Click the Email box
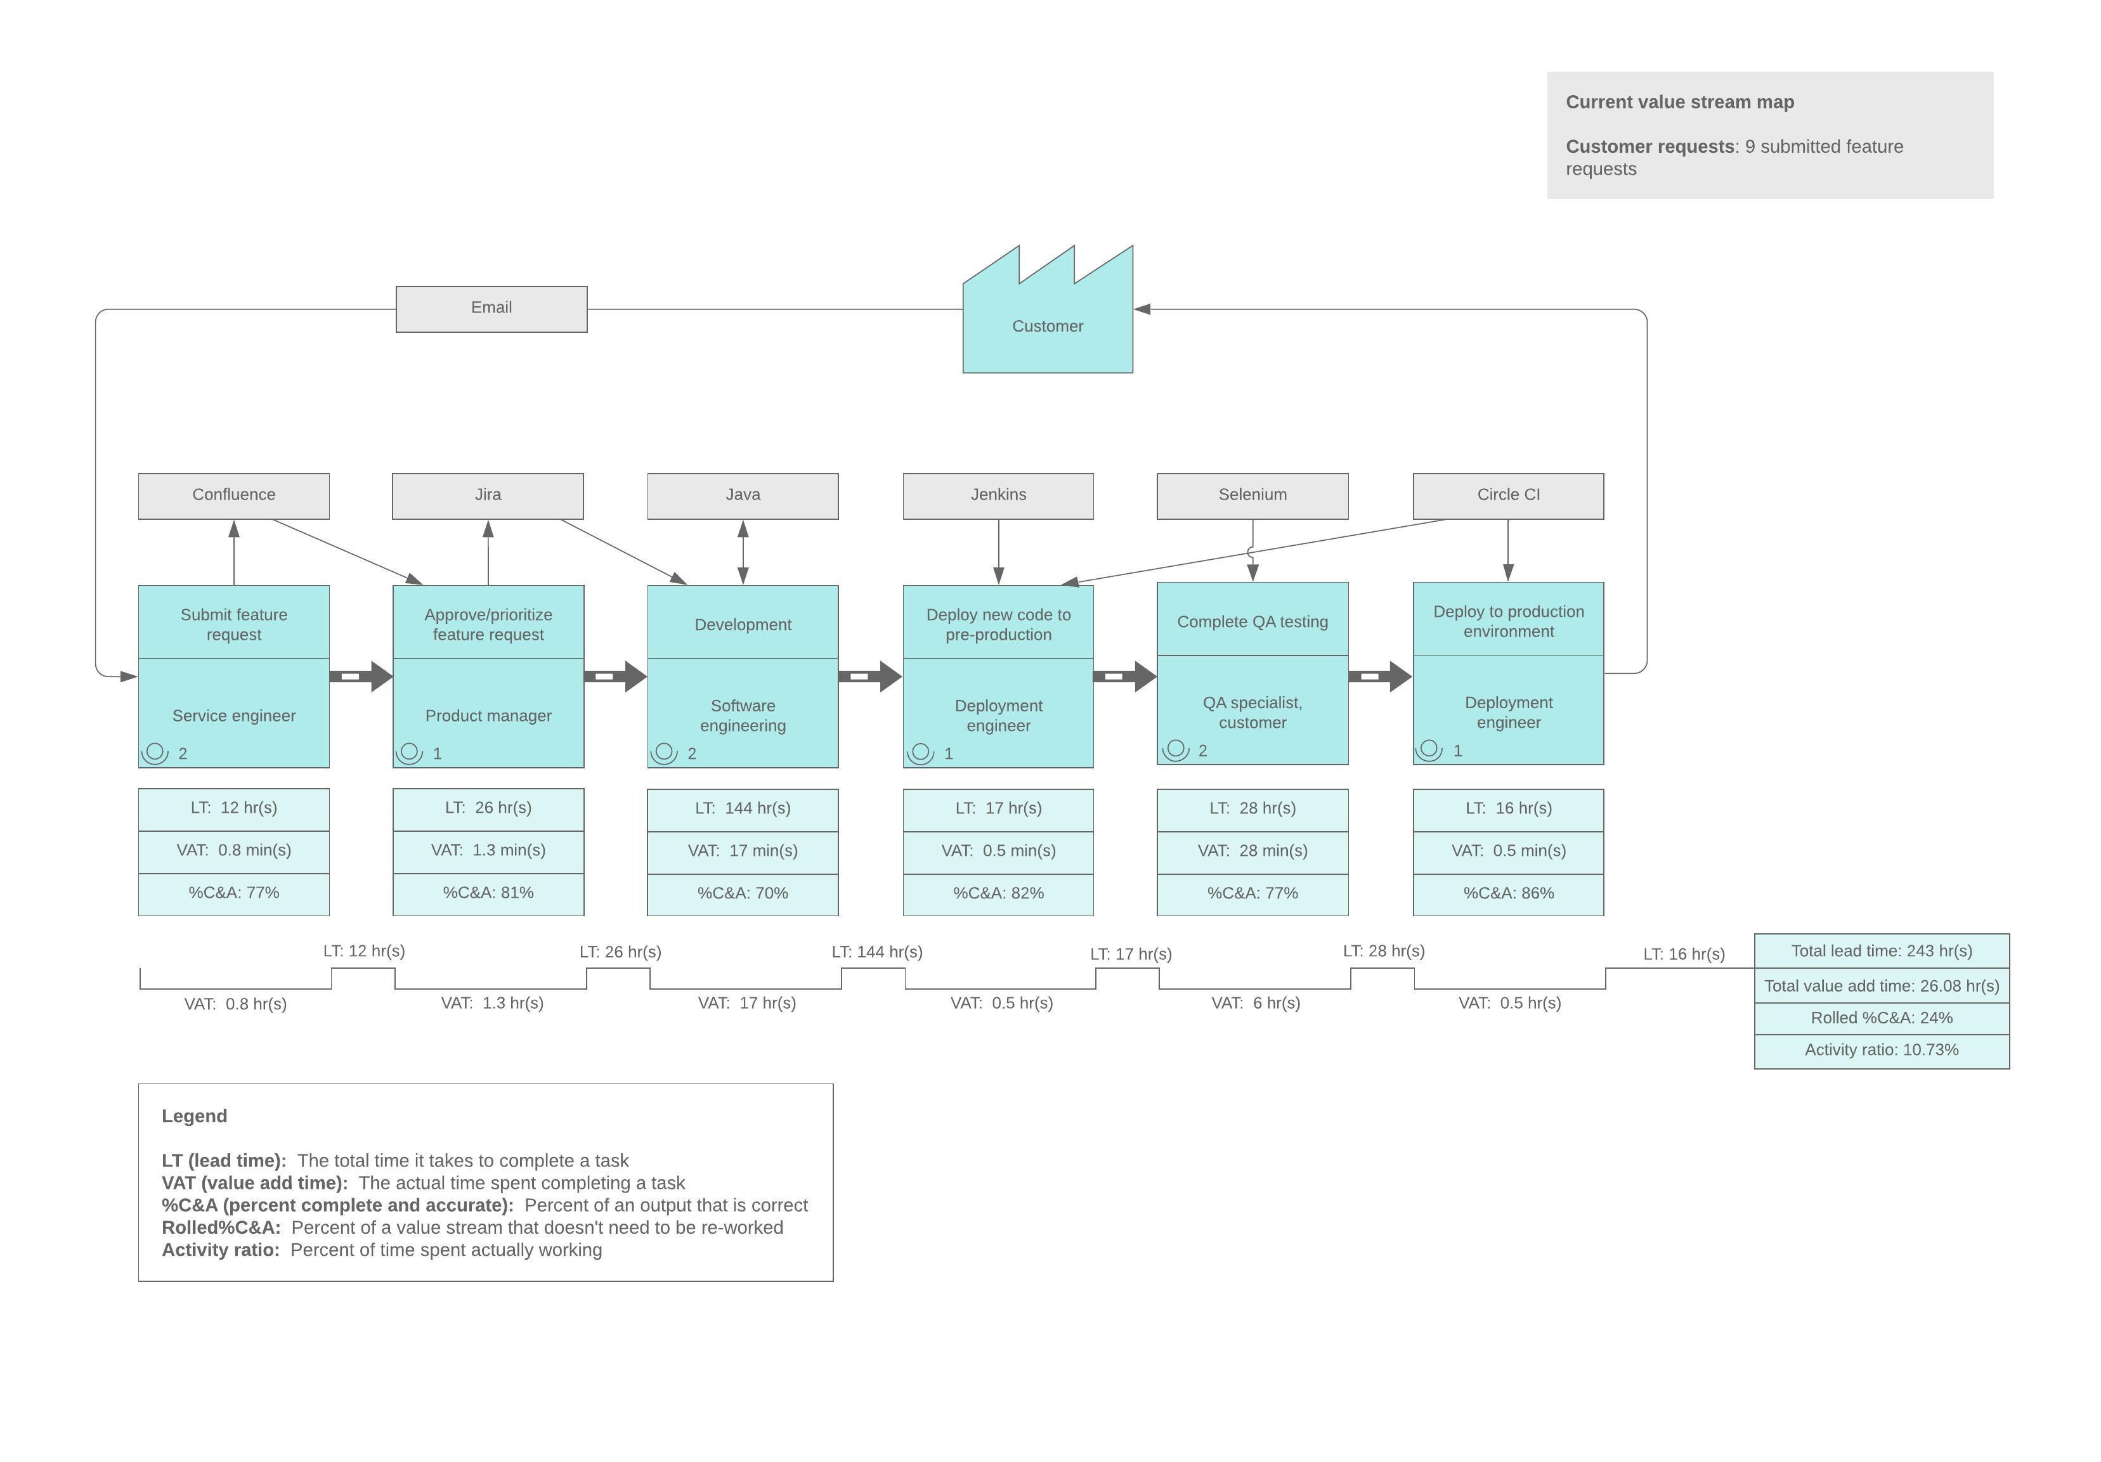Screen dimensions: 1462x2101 point(491,308)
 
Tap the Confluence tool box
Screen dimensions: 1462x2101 point(233,495)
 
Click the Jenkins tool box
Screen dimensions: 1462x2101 point(998,495)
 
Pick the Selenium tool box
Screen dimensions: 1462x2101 point(1252,495)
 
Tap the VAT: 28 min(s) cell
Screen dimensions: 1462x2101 point(1252,851)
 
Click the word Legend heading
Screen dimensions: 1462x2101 point(194,1116)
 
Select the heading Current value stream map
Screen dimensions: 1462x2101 point(1679,103)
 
